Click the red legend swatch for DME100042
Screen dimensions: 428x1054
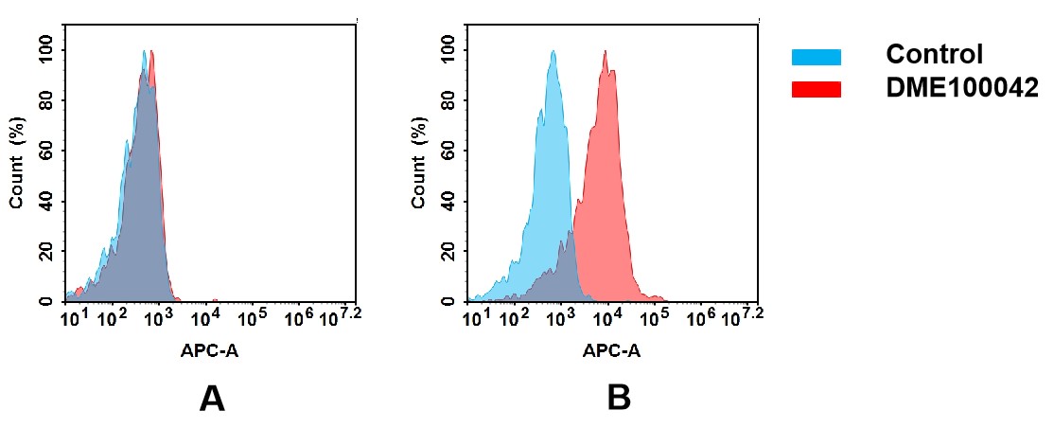816,89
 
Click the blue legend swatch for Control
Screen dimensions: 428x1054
816,57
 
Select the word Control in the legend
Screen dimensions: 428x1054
934,55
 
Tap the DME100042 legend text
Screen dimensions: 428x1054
961,88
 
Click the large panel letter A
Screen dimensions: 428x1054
212,399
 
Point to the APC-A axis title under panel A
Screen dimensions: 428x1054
210,350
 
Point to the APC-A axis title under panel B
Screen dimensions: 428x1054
611,350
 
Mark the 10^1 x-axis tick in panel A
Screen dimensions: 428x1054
72,315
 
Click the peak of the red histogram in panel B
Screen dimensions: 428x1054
605,53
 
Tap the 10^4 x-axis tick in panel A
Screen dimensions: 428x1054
206,315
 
